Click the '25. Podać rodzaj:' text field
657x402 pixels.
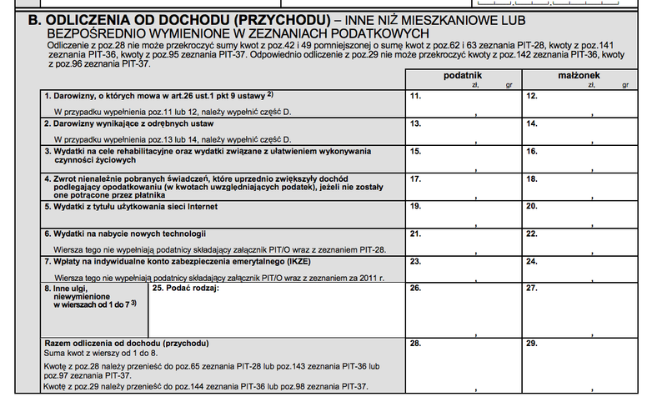pyautogui.click(x=274, y=309)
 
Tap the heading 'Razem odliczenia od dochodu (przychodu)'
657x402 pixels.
pyautogui.click(x=125, y=344)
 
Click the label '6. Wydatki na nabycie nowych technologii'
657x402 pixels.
pyautogui.click(x=124, y=234)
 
